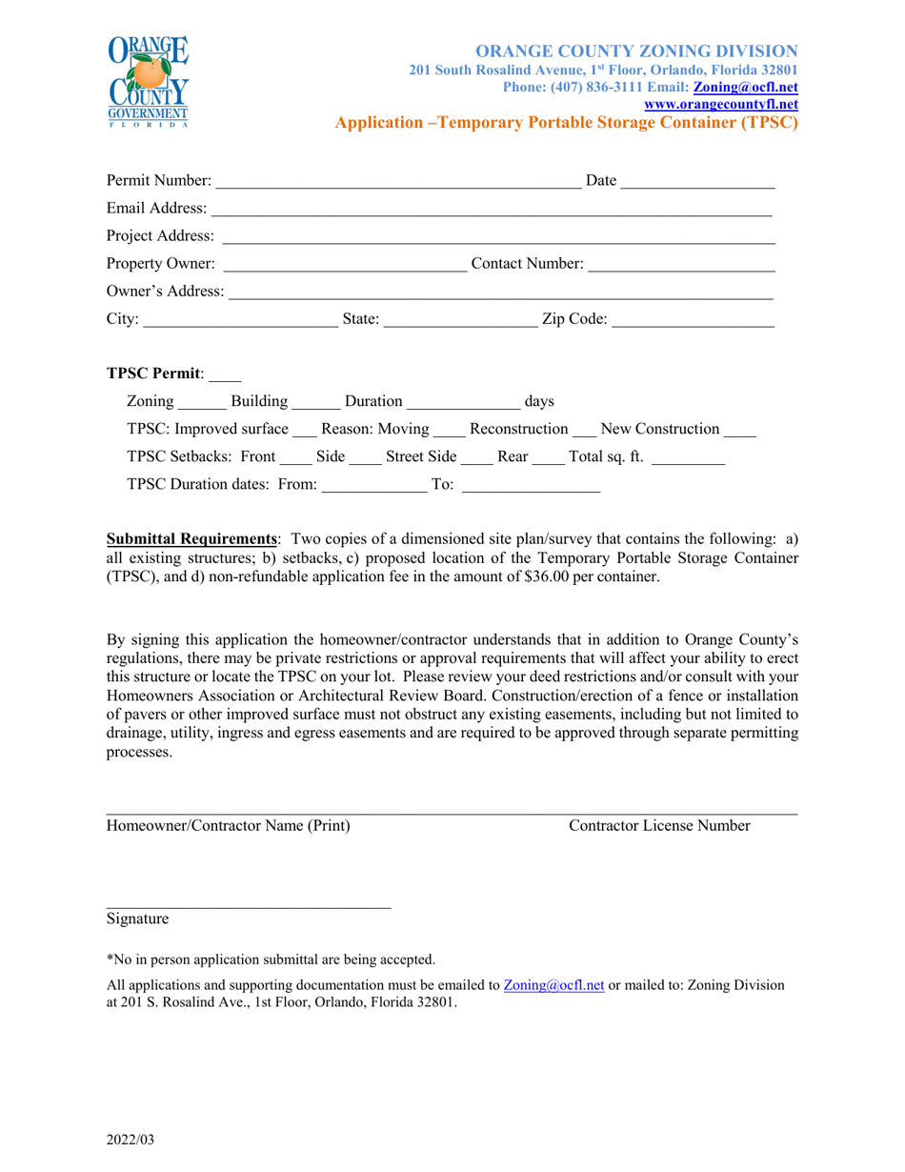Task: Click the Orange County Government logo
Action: pos(148,81)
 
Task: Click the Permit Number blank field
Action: pos(397,182)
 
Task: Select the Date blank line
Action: pos(698,182)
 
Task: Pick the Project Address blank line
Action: pos(498,236)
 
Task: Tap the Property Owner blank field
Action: pos(344,264)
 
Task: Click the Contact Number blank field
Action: pos(681,264)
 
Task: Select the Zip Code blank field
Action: pos(693,320)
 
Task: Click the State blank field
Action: pos(460,320)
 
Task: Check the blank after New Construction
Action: pos(740,430)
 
